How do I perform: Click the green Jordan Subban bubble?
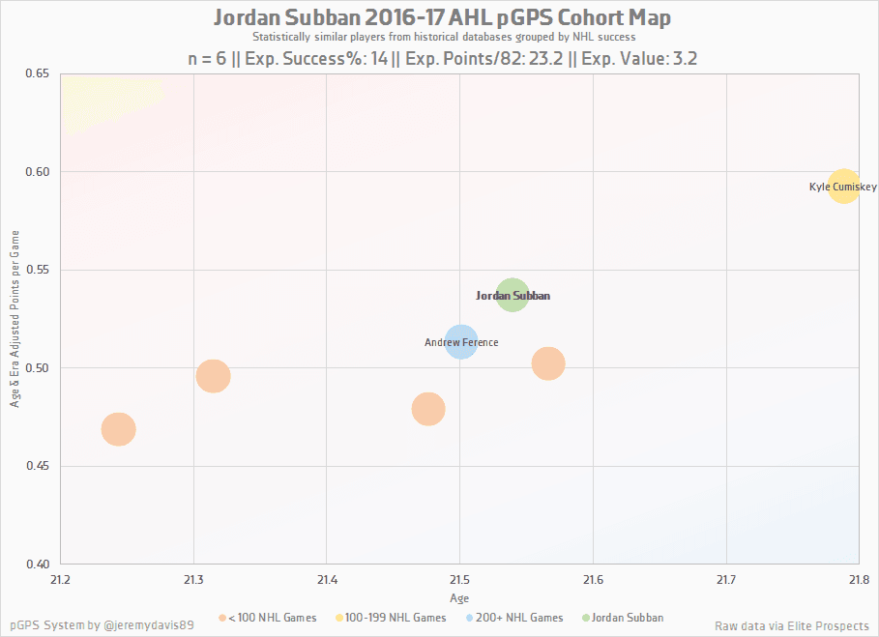point(513,295)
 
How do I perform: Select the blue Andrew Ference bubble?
point(462,341)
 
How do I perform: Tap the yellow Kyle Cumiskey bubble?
point(844,186)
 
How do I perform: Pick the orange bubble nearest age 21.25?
point(118,429)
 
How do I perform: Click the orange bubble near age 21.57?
point(548,363)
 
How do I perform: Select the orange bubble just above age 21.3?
point(213,376)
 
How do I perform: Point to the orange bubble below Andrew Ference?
point(428,409)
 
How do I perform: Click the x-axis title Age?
point(460,599)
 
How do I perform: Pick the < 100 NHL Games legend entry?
point(269,618)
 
